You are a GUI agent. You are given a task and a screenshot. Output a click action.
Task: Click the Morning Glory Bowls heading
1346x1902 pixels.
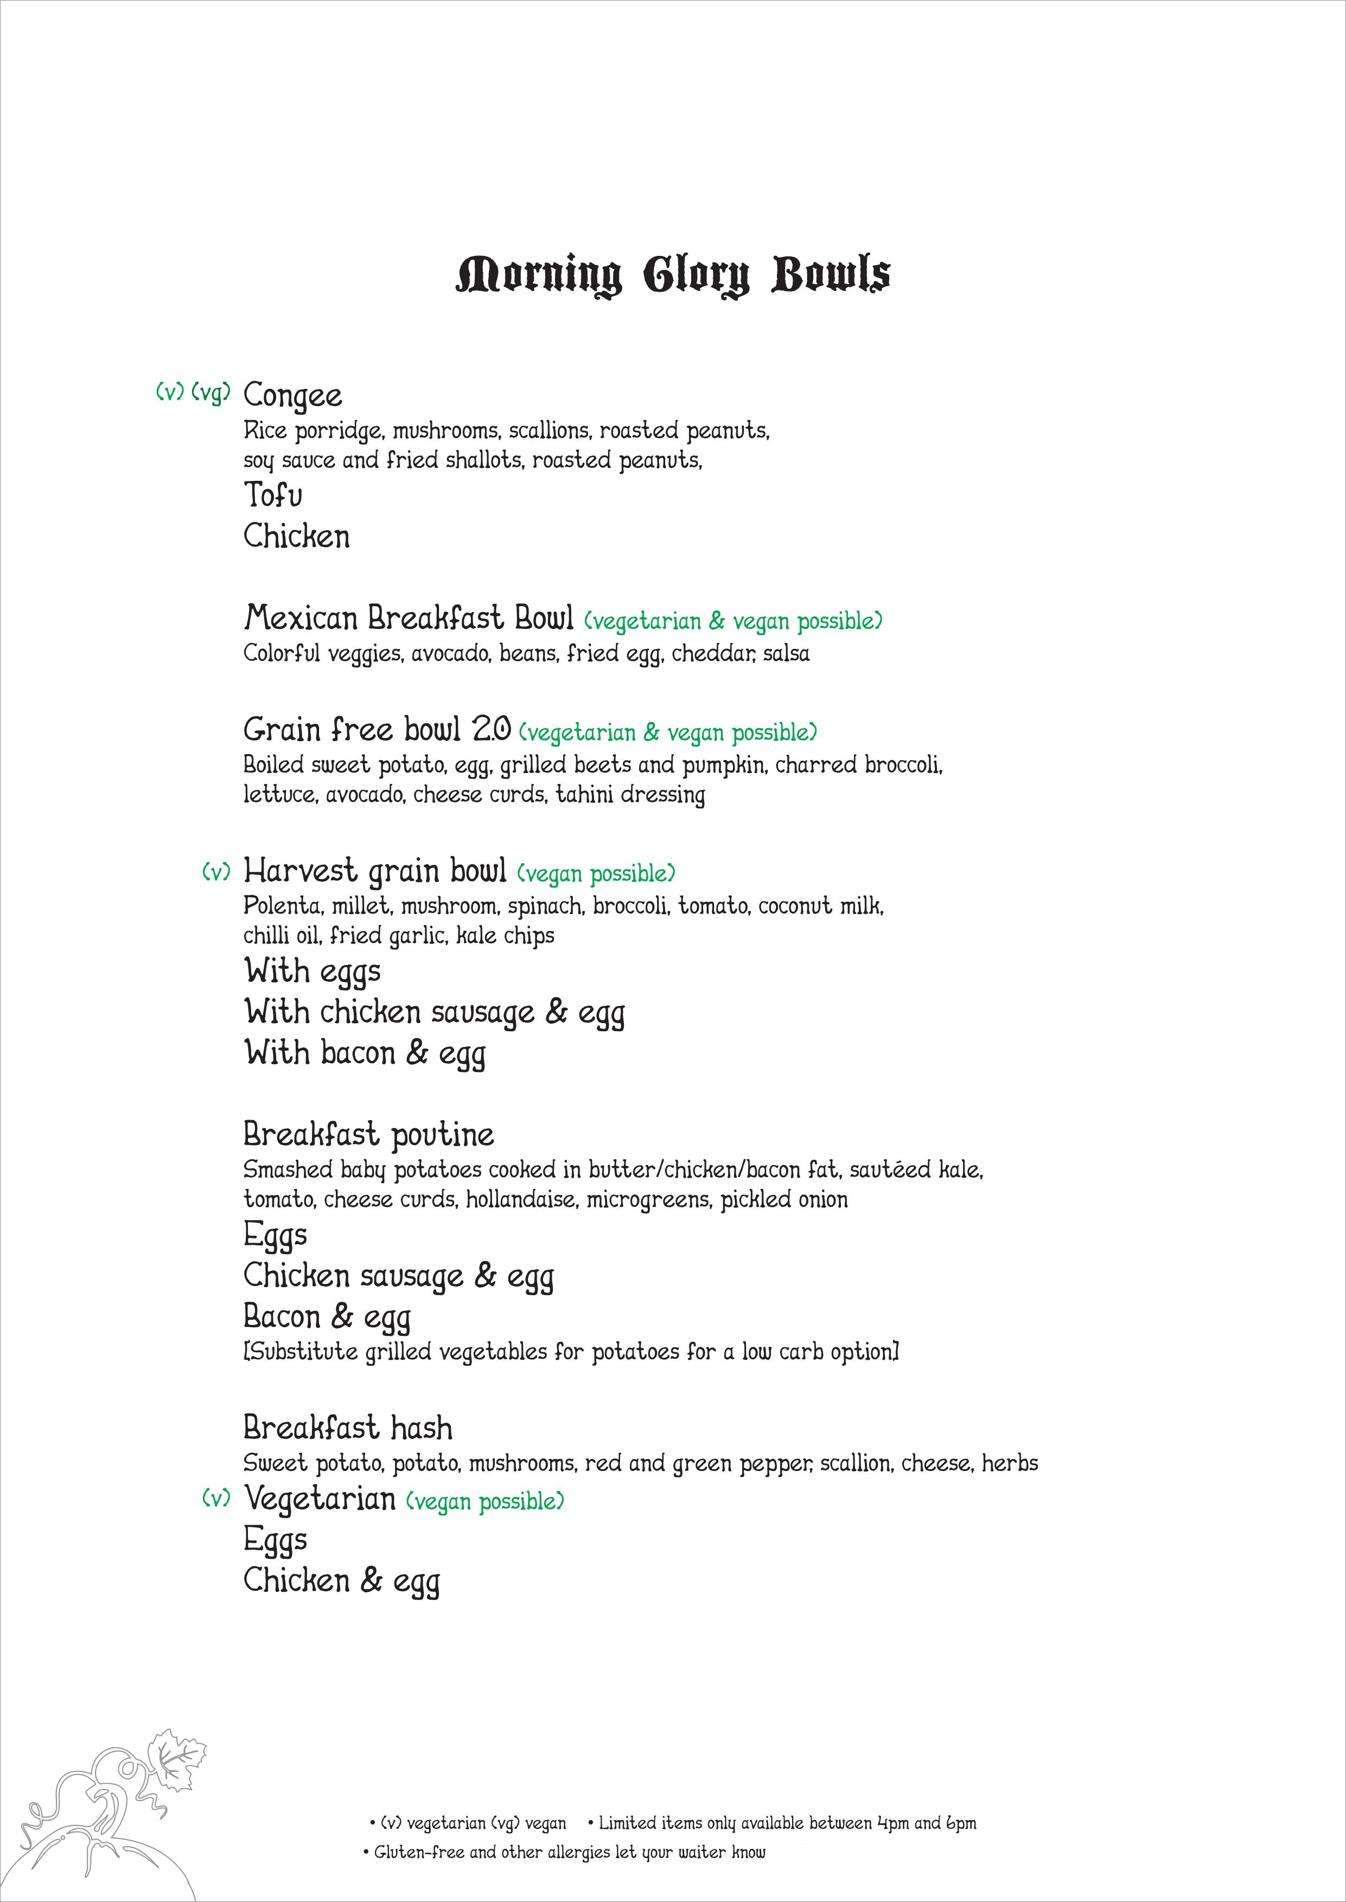pos(673,276)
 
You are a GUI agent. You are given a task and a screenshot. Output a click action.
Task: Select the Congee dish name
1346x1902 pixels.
pos(292,395)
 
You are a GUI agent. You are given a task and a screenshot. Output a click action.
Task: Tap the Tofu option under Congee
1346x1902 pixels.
pos(273,496)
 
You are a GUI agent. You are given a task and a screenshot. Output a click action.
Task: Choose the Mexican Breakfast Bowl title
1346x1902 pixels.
pos(408,618)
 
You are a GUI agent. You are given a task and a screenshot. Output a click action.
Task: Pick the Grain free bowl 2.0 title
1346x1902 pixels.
pos(377,730)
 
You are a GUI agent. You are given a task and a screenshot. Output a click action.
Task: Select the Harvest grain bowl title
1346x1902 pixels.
pos(375,871)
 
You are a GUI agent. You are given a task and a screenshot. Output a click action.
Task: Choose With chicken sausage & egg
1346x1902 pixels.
pos(435,1012)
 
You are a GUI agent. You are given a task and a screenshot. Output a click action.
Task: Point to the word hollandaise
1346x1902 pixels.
pos(520,1199)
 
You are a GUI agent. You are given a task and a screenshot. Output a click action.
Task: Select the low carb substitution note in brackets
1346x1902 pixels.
pos(571,1352)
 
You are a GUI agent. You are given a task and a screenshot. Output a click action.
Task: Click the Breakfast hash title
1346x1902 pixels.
pos(348,1428)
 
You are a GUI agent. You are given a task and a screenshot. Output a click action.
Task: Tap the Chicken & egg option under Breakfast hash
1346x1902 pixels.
pos(341,1580)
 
